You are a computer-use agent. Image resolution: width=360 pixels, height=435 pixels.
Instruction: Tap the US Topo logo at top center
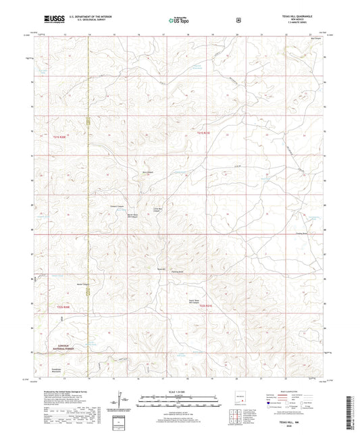[x=178, y=20]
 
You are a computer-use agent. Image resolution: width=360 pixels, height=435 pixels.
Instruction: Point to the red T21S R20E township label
[x=61, y=136]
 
